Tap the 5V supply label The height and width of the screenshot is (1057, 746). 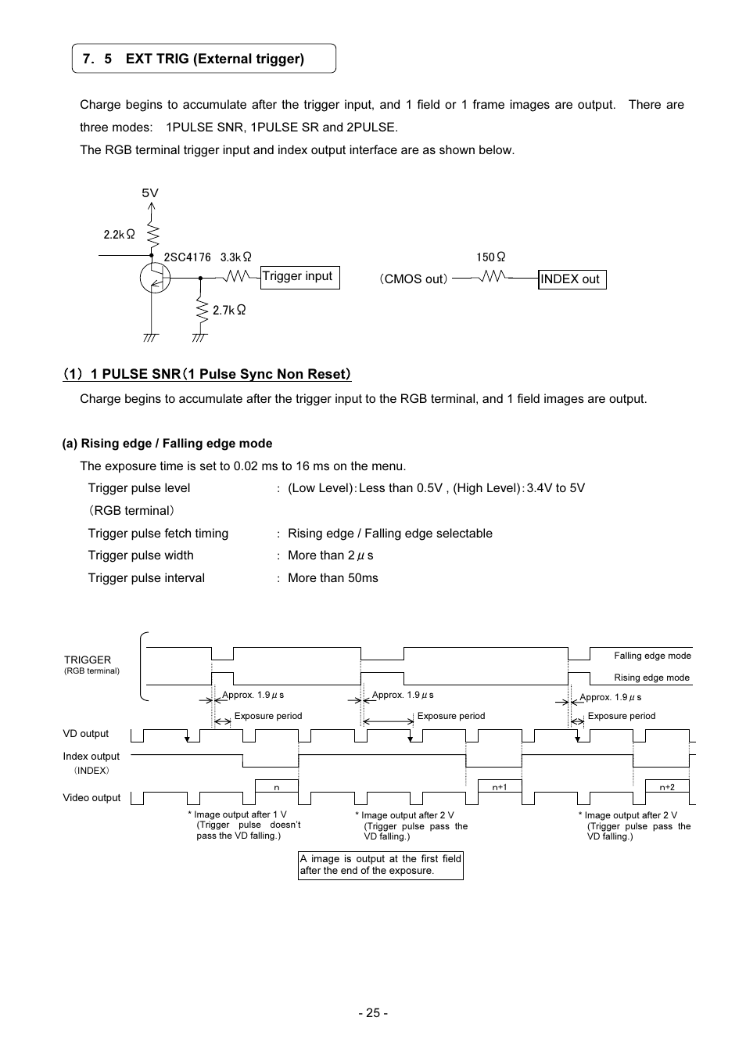(150, 192)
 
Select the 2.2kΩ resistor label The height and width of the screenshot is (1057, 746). (120, 234)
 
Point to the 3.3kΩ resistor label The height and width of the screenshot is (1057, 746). (236, 257)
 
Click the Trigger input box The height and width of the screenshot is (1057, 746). (300, 277)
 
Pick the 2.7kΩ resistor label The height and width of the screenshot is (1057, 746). (229, 310)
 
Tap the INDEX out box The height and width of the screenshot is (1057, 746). (572, 279)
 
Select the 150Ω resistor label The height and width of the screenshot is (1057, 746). (491, 257)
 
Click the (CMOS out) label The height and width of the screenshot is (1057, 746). (414, 279)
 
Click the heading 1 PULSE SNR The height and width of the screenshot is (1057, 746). (207, 374)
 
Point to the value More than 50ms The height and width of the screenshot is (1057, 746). (333, 578)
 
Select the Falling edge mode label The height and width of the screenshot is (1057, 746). (652, 656)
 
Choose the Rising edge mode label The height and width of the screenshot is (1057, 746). (651, 678)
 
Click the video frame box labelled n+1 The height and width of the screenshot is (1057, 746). (500, 786)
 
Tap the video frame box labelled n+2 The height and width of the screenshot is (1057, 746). (667, 786)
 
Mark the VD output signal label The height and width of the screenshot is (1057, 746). (86, 734)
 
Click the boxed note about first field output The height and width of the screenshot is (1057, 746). (381, 865)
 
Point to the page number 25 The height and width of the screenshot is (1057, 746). (373, 1013)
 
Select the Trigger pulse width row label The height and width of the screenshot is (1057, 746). (141, 555)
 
